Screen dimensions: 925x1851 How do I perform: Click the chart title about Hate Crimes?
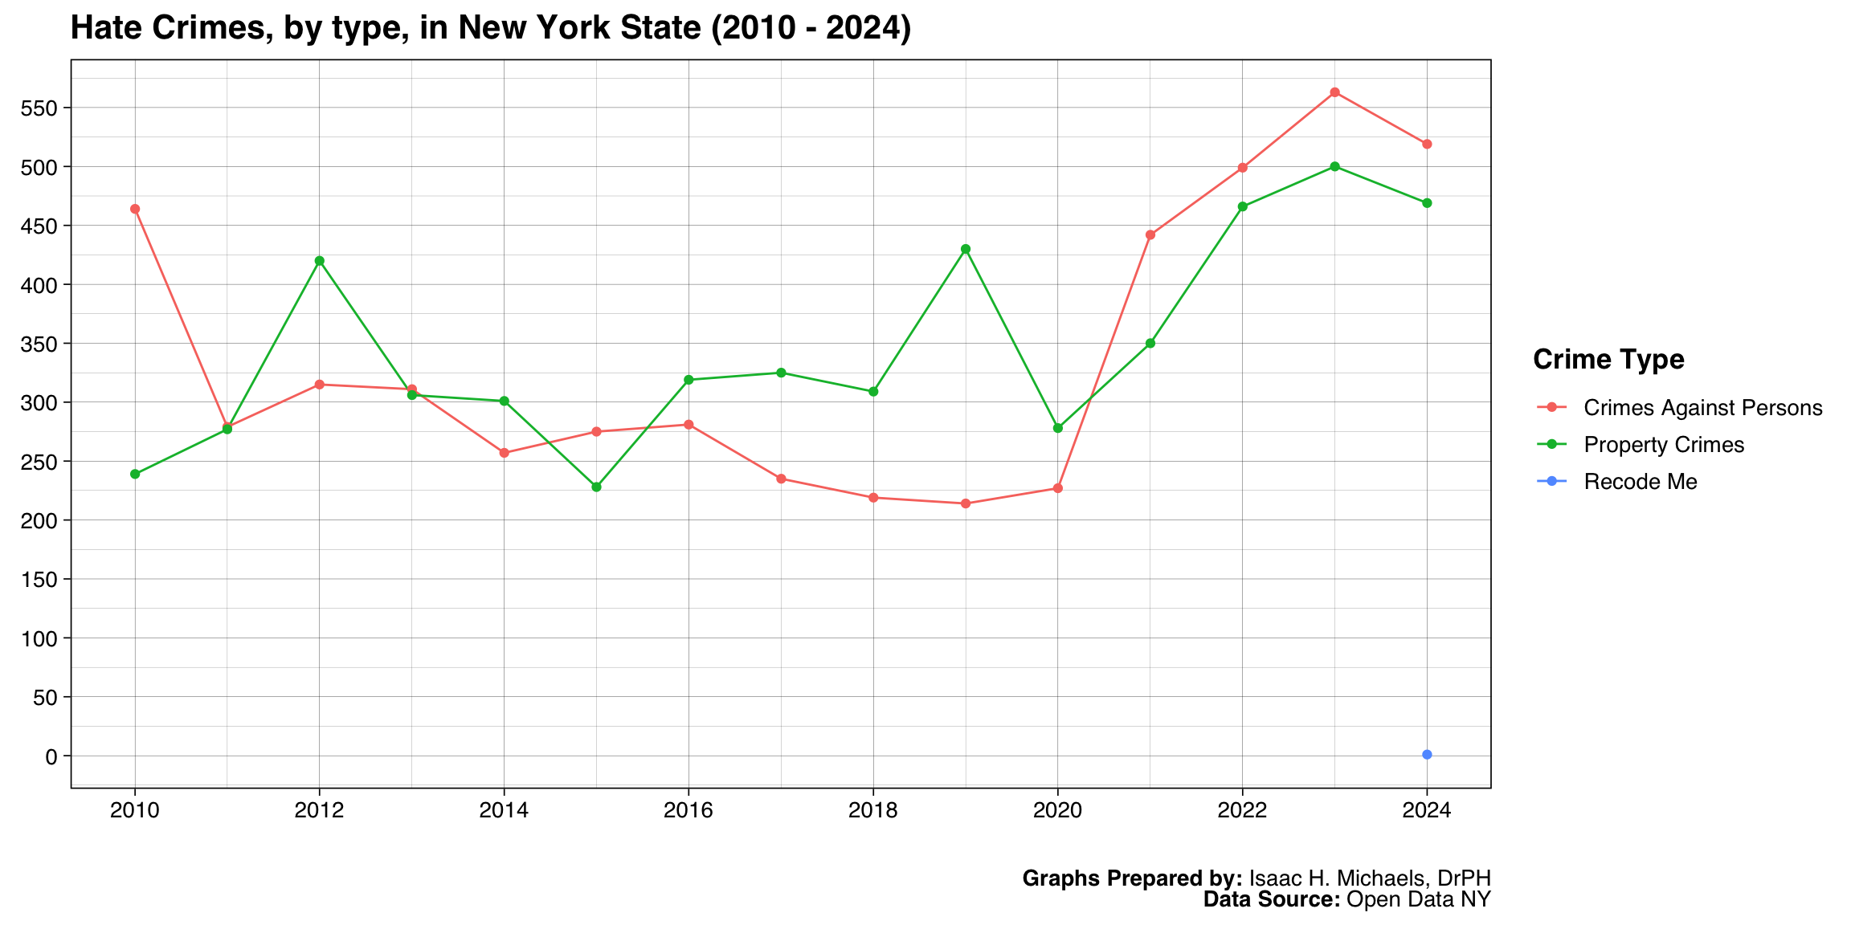pos(490,28)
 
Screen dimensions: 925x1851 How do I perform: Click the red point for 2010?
pos(135,209)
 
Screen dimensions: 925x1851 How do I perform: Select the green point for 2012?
pos(320,261)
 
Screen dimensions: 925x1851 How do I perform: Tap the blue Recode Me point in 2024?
pos(1427,755)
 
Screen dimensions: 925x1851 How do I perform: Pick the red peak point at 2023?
pos(1334,92)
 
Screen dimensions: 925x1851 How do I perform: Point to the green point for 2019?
pos(966,249)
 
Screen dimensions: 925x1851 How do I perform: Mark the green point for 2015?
pos(596,487)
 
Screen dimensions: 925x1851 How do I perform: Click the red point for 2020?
pos(1058,488)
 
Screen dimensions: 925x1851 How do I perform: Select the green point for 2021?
pos(1150,344)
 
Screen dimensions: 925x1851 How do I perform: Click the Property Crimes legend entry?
pos(1663,445)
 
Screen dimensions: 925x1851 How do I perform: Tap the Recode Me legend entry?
pos(1640,482)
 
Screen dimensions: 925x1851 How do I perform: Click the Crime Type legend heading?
pos(1608,360)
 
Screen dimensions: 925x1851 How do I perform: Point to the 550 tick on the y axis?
pos(46,108)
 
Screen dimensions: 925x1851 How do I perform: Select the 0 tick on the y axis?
pos(52,756)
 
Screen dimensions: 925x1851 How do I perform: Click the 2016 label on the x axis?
pos(689,811)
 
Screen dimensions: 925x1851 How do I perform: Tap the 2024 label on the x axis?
pos(1427,811)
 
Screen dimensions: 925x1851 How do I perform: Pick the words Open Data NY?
pos(1418,899)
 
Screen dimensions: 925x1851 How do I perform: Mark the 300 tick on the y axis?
pos(46,402)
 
